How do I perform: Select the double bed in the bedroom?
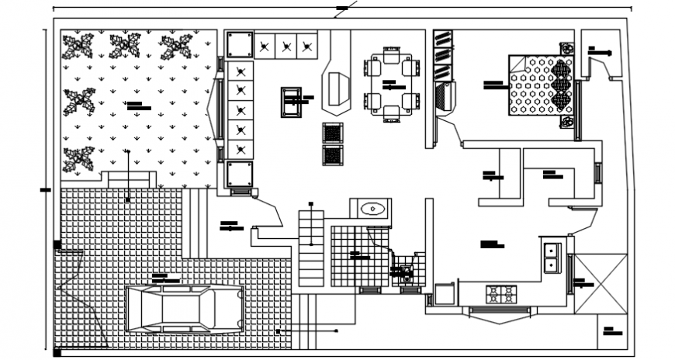(540, 85)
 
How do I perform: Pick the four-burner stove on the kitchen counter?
(500, 294)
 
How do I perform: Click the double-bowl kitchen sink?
(552, 258)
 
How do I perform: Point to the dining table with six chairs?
(391, 83)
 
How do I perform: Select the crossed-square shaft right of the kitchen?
(599, 282)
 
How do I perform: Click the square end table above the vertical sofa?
(239, 44)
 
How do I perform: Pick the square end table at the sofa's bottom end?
(239, 174)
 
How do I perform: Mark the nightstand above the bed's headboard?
(566, 49)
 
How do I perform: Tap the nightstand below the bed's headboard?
(567, 123)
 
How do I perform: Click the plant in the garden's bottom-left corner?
(78, 158)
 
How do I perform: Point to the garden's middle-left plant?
(78, 101)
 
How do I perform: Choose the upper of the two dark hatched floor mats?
(332, 133)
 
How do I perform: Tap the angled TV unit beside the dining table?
(337, 87)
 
